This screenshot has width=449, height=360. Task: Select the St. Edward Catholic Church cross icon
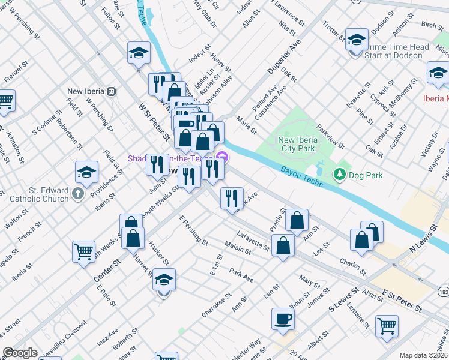(78, 193)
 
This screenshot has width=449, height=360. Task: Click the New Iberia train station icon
(111, 91)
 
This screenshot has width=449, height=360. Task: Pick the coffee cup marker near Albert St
(283, 319)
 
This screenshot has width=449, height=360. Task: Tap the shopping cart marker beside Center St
(83, 251)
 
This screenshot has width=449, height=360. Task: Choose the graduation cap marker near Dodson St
(357, 40)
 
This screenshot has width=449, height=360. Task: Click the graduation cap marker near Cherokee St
(164, 280)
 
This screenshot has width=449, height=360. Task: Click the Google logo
(20, 353)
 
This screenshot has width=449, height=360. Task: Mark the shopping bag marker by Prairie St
(297, 220)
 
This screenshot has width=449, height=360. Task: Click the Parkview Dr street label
(331, 137)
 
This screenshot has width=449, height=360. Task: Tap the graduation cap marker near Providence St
(86, 173)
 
